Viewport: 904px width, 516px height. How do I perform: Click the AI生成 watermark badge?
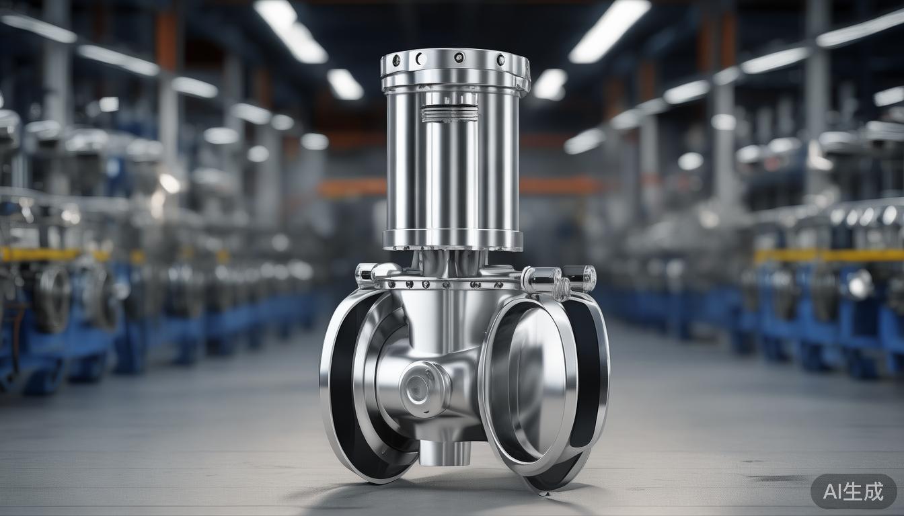tap(853, 491)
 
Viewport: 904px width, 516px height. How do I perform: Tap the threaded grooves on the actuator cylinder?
tap(449, 113)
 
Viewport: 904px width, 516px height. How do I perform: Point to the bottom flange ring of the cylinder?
tap(453, 240)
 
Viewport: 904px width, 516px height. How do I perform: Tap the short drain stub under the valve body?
tap(444, 453)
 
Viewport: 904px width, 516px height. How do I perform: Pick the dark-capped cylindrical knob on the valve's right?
tap(579, 277)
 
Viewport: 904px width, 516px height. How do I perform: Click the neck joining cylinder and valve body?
tap(451, 262)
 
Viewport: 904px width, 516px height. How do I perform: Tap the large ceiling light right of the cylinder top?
tap(609, 30)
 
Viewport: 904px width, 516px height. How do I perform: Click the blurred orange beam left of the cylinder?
tap(351, 187)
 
